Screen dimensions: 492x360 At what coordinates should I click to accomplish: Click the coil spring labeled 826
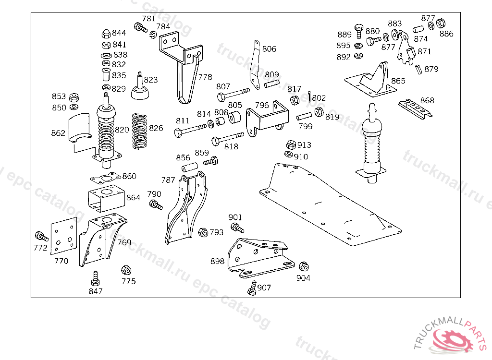click(140, 131)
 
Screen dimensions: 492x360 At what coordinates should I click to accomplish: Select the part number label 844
click(119, 33)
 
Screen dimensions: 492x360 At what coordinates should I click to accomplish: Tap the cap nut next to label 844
click(106, 34)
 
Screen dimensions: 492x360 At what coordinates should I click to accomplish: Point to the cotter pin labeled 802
click(309, 96)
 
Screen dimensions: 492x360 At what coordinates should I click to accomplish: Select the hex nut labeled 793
click(203, 232)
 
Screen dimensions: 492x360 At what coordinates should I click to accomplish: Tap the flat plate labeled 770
click(64, 236)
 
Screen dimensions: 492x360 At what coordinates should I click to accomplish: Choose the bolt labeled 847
click(95, 278)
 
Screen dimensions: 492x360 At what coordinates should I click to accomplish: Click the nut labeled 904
click(304, 266)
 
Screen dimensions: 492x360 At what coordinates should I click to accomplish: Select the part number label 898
click(218, 261)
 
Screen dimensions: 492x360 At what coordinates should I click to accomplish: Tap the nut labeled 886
click(441, 23)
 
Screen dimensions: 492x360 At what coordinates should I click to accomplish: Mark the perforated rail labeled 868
click(416, 108)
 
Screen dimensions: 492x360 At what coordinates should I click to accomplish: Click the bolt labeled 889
click(359, 31)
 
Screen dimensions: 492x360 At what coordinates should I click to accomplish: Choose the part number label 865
click(398, 81)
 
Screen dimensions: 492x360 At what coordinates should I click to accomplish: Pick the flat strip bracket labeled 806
click(256, 65)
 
